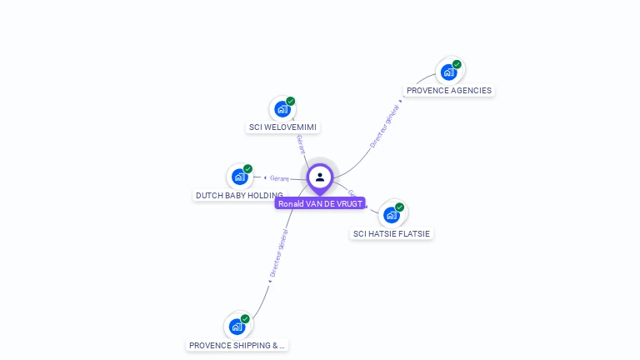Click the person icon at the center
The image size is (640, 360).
pyautogui.click(x=320, y=177)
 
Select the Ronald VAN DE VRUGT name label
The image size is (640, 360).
pyautogui.click(x=320, y=203)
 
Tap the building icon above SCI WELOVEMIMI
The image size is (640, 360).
pyautogui.click(x=282, y=109)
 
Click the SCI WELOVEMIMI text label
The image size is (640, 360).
pyautogui.click(x=283, y=127)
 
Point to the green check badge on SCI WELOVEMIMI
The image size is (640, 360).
pyautogui.click(x=290, y=102)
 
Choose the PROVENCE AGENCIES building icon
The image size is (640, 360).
pyautogui.click(x=449, y=72)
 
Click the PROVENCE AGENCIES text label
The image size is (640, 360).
pyautogui.click(x=449, y=90)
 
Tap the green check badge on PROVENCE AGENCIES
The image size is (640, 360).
pyautogui.click(x=457, y=64)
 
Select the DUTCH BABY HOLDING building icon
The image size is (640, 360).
pyautogui.click(x=240, y=177)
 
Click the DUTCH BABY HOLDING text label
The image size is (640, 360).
pyautogui.click(x=239, y=195)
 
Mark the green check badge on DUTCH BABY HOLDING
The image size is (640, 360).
pyautogui.click(x=247, y=169)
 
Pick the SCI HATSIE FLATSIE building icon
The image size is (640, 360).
pyautogui.click(x=392, y=215)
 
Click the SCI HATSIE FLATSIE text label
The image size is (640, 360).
pyautogui.click(x=392, y=233)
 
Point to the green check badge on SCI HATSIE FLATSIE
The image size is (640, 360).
pyautogui.click(x=399, y=207)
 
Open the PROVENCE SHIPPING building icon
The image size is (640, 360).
pyautogui.click(x=237, y=327)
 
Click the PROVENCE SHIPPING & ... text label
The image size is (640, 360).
pyautogui.click(x=237, y=345)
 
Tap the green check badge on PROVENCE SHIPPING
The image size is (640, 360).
pyautogui.click(x=245, y=319)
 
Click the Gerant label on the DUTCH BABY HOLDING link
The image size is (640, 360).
pyautogui.click(x=278, y=177)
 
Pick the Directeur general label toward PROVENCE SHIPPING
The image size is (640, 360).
pyautogui.click(x=278, y=253)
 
